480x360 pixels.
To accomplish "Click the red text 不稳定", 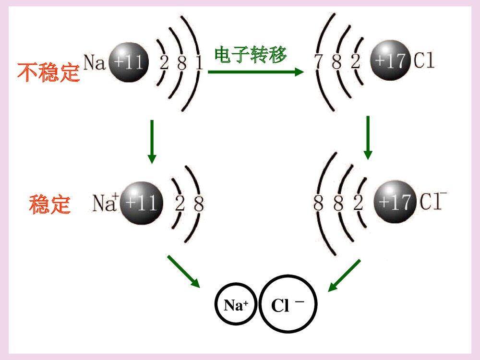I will pyautogui.click(x=48, y=72).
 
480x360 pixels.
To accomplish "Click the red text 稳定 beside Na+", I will pyautogui.click(x=50, y=204).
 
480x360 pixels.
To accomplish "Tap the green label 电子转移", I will pyautogui.click(x=250, y=55).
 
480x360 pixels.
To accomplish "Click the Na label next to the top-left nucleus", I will pyautogui.click(x=95, y=62).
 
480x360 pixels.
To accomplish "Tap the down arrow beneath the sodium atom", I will pyautogui.click(x=152, y=141).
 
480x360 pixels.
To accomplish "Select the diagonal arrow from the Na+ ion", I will pyautogui.click(x=183, y=271).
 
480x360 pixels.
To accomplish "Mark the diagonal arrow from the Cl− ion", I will pyautogui.click(x=344, y=275).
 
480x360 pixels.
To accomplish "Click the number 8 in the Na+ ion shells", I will pyautogui.click(x=198, y=204).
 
